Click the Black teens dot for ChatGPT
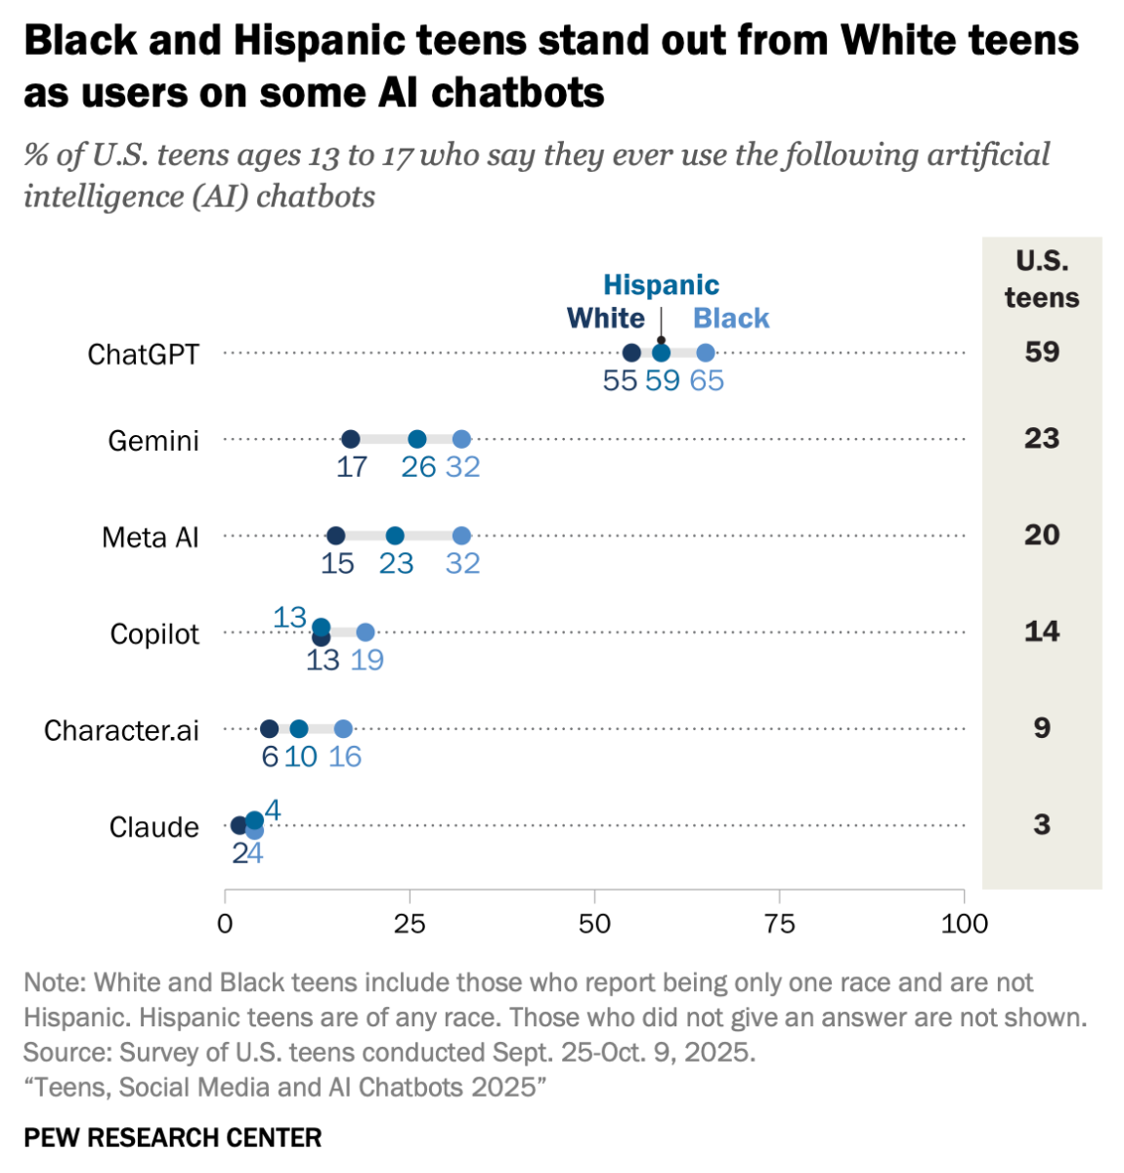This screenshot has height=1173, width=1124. click(x=706, y=353)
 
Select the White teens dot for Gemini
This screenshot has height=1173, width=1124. click(x=351, y=440)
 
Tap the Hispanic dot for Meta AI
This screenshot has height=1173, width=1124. click(x=395, y=536)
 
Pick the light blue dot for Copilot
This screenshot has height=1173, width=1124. click(x=366, y=632)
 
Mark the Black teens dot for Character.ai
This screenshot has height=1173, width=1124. click(x=343, y=729)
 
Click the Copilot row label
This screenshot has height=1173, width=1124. click(x=154, y=634)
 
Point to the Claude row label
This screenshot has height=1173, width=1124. click(x=153, y=828)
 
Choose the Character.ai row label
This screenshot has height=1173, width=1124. click(x=121, y=731)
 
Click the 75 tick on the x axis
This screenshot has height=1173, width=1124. click(x=779, y=924)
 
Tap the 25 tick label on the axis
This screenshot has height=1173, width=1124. click(x=410, y=924)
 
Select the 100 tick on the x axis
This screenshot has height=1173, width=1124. click(x=964, y=924)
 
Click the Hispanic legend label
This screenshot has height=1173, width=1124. click(x=661, y=285)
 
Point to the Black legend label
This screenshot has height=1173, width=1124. click(x=731, y=319)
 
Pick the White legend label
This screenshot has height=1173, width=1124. click(x=606, y=319)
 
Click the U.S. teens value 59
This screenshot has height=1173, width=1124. click(x=1042, y=352)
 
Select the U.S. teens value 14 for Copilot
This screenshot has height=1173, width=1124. click(x=1042, y=631)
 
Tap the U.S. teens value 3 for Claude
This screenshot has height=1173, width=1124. click(x=1042, y=825)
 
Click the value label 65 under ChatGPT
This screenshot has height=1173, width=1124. click(x=707, y=381)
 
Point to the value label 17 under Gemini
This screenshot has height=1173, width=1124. click(x=352, y=467)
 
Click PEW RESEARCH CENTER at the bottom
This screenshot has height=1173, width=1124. click(x=173, y=1138)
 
